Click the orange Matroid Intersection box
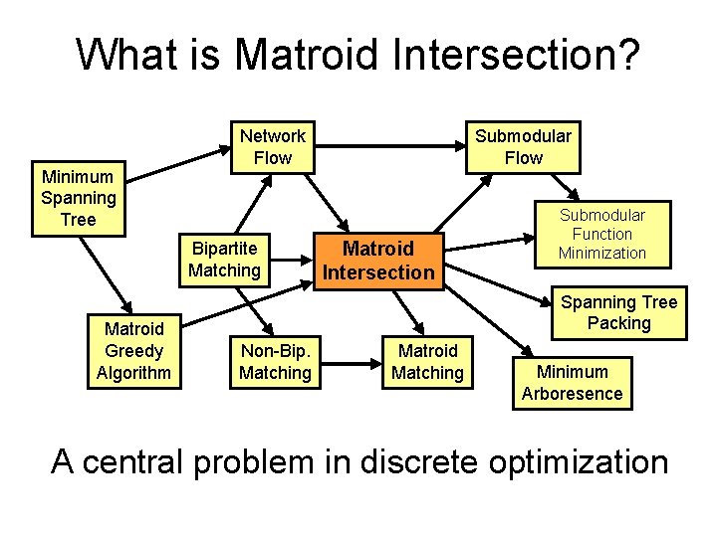377,261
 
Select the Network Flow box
272,146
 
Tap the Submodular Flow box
523,146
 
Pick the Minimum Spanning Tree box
78,198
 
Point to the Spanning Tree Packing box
617,312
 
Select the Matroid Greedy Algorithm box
133,351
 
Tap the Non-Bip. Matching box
275,362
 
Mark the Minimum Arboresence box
572,383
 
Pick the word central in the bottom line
150,461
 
